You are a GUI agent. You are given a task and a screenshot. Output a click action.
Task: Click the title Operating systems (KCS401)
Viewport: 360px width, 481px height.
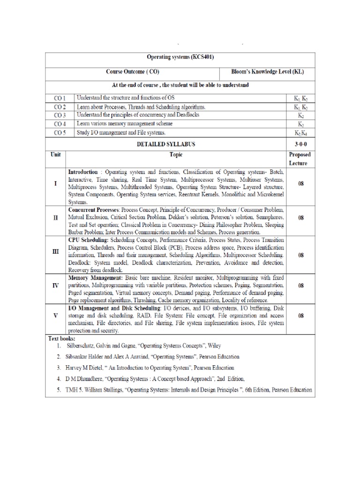[x=180, y=57]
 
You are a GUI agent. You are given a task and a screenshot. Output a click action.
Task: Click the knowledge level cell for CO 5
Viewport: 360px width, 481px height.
[x=300, y=132]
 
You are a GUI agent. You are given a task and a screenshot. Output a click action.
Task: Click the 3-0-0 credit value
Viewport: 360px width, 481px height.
[x=300, y=143]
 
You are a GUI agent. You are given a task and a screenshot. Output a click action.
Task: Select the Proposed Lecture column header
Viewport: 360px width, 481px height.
[x=300, y=159]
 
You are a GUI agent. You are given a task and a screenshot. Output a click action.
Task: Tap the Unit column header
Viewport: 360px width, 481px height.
[x=56, y=154]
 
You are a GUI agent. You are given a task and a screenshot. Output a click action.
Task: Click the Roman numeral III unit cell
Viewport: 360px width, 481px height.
[x=56, y=251]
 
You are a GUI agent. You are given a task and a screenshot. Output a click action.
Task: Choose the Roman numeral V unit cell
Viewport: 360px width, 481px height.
[x=56, y=316]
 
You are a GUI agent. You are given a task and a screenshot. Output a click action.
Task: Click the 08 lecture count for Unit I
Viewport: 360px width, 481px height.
[x=300, y=184]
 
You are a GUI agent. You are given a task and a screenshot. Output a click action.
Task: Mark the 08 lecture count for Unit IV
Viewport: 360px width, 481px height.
[x=300, y=285]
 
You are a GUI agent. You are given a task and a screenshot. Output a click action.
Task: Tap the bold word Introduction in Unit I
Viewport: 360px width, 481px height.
[x=83, y=172]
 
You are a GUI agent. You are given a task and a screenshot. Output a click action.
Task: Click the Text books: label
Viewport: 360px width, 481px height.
[x=62, y=338]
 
